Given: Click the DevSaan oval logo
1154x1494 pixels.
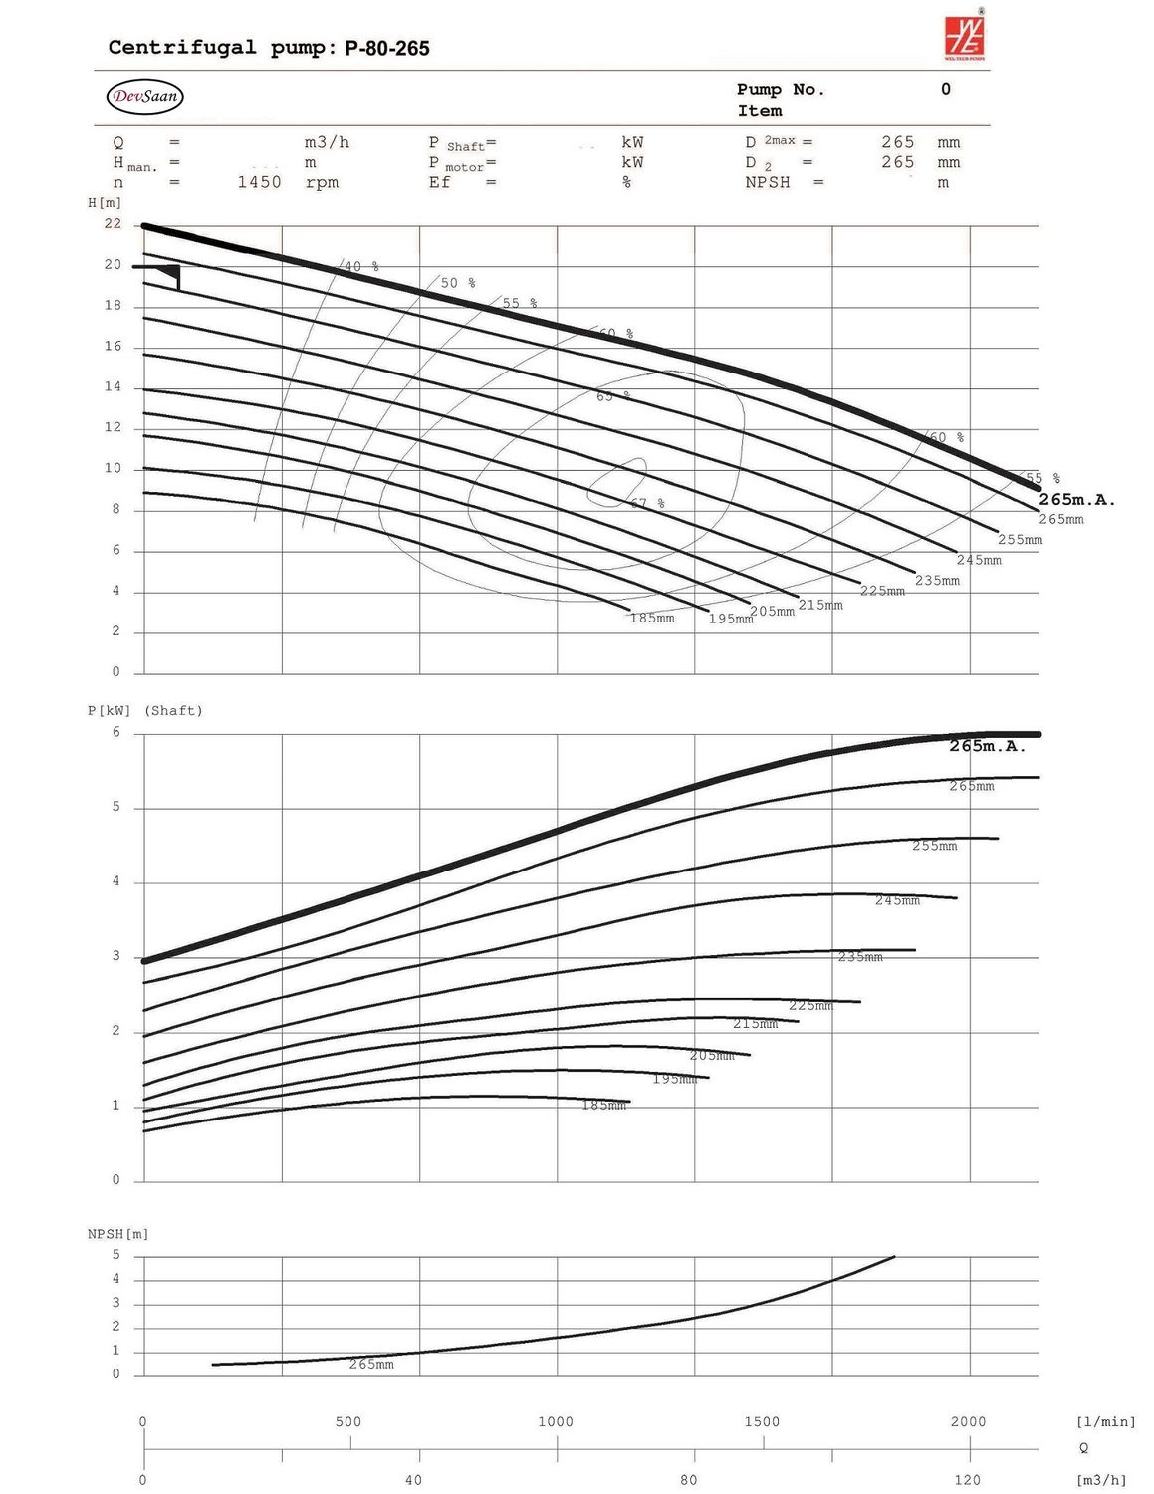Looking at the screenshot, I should click(x=144, y=97).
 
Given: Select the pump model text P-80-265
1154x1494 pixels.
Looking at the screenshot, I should click(x=387, y=48).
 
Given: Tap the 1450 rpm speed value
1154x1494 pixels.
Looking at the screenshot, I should click(x=259, y=182).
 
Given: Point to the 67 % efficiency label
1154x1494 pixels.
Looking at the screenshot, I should click(x=647, y=504).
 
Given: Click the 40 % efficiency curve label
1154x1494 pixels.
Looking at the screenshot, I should click(x=361, y=267).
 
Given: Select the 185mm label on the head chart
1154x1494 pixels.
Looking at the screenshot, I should click(x=652, y=619).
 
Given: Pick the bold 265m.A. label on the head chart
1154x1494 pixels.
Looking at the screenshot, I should click(x=1076, y=500).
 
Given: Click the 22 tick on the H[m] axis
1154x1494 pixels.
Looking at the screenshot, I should click(x=113, y=224).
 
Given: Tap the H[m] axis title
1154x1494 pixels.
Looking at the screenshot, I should click(x=105, y=203).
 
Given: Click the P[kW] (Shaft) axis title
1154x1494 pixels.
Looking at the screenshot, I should click(x=145, y=711).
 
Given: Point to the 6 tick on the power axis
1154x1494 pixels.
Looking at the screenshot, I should click(x=115, y=732).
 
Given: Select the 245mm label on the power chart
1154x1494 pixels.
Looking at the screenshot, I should click(x=897, y=900).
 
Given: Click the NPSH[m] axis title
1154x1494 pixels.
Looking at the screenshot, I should click(x=117, y=1234).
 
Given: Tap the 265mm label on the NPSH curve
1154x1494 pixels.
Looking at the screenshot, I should click(x=371, y=1365).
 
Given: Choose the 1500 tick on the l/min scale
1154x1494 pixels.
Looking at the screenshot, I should click(x=762, y=1422).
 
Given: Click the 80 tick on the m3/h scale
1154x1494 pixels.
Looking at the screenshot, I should click(x=689, y=1480).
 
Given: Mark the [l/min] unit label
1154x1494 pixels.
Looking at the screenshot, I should click(x=1105, y=1422).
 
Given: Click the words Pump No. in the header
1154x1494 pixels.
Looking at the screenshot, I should click(x=781, y=90).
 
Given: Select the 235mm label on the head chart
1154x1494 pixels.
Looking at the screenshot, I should click(x=937, y=581).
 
